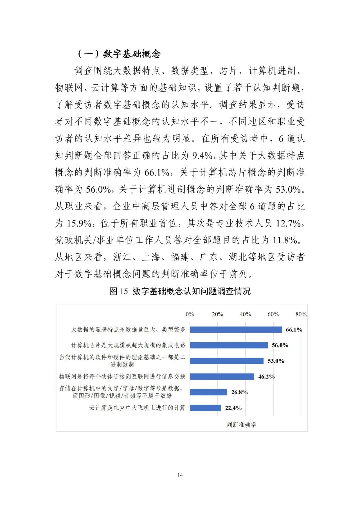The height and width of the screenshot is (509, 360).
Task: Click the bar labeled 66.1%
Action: coord(236,330)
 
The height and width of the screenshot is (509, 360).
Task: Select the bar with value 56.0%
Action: coord(229,345)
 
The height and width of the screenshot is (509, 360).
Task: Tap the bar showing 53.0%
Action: coord(227,361)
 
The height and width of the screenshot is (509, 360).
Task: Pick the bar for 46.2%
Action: coord(222,377)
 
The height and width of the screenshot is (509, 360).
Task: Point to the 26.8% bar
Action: coord(209,392)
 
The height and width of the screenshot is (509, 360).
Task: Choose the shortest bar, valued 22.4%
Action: coord(206,408)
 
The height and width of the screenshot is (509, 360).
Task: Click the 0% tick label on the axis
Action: coord(190,314)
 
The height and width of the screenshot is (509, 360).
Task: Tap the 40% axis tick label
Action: coord(245,314)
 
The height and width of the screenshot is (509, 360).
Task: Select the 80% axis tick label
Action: coord(301,314)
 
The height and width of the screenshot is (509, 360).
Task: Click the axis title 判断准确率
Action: coord(241,424)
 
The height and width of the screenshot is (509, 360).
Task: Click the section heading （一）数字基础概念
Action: coord(119,54)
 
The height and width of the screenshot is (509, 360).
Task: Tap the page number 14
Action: coord(180,475)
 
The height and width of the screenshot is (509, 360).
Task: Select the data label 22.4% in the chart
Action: coord(233,408)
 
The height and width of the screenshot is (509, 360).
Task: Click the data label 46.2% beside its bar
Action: coord(266,377)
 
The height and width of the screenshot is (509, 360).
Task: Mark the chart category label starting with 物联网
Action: coord(122,377)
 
